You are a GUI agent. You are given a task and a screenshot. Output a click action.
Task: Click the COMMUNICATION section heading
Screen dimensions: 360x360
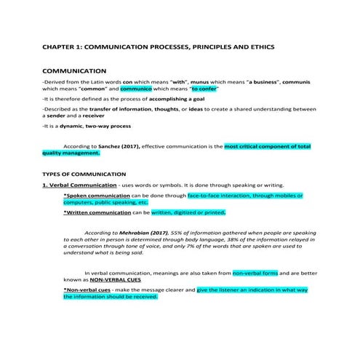coord(75,71)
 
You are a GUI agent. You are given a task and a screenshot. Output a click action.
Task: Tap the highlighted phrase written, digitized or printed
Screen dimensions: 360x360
coord(188,212)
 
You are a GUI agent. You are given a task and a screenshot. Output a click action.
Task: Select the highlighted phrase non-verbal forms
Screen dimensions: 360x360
coord(255,272)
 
